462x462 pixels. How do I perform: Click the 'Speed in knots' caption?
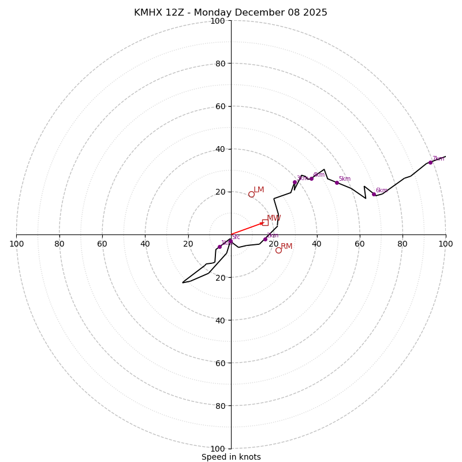[x=231, y=457]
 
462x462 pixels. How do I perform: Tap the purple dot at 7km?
[x=430, y=162]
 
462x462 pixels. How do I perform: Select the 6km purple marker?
[x=374, y=194]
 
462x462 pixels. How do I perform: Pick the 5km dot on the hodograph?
[x=337, y=182]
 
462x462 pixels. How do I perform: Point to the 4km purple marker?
[x=311, y=178]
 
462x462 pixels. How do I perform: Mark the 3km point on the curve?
[x=295, y=182]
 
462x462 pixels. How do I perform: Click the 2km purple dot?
[x=265, y=239]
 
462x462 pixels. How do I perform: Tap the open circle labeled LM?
[x=251, y=194]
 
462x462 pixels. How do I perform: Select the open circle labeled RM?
[x=278, y=250]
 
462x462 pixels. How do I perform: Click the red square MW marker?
[x=265, y=222]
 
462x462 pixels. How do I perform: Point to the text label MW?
[x=274, y=218]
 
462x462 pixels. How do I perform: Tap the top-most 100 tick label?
[x=218, y=21]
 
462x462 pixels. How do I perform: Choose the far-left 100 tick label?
[x=16, y=244]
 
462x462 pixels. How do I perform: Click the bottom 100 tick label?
[x=218, y=448]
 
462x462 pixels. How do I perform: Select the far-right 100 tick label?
[x=445, y=244]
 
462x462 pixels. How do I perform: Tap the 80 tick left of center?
[x=59, y=244]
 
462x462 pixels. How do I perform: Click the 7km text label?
[x=438, y=158]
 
